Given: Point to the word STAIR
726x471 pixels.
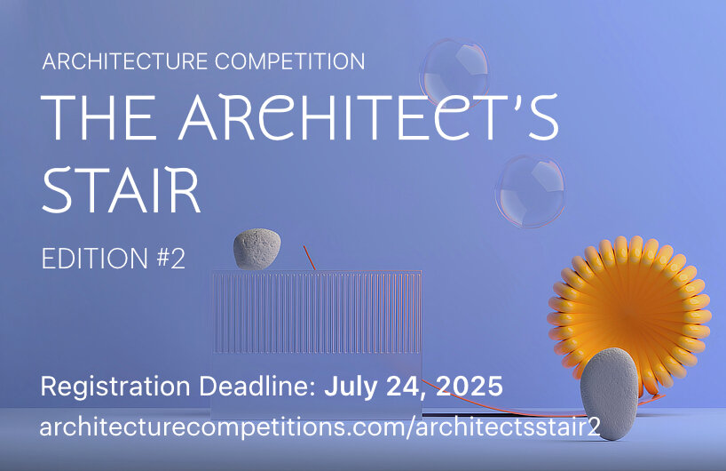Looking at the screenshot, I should [x=122, y=188].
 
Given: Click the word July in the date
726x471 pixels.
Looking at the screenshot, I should [x=350, y=388].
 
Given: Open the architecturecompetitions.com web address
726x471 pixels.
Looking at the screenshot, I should [x=320, y=427].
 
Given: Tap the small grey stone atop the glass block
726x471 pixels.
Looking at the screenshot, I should [x=257, y=249].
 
